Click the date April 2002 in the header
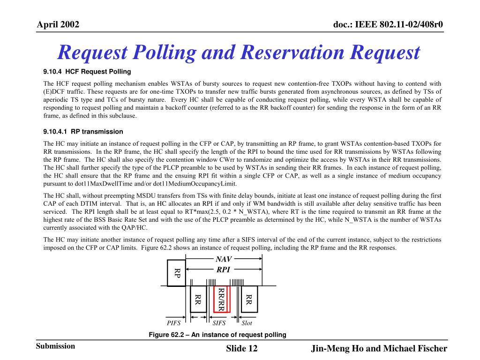[x=58, y=24]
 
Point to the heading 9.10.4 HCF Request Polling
[x=87, y=72]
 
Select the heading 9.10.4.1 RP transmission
[x=83, y=132]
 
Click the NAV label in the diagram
[x=224, y=259]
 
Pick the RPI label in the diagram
[x=223, y=270]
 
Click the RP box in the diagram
[x=177, y=273]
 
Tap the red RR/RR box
[x=221, y=299]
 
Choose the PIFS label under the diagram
[x=173, y=323]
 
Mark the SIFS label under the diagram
[x=219, y=323]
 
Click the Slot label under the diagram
[x=247, y=323]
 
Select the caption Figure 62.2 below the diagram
[x=217, y=334]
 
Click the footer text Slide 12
[x=242, y=349]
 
